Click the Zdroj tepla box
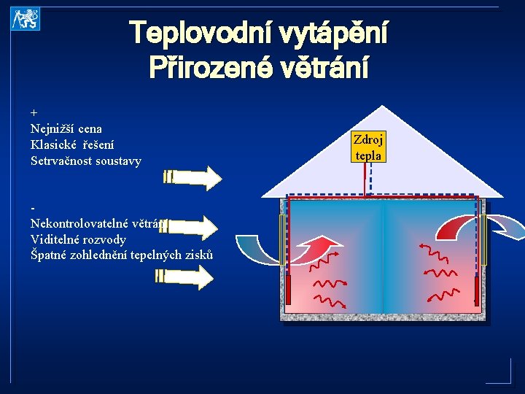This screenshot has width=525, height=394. [369, 147]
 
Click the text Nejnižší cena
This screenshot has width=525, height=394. [66, 129]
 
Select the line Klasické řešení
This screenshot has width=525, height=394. [72, 144]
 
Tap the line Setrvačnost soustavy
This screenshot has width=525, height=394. [86, 161]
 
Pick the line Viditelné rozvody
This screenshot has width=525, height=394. [78, 239]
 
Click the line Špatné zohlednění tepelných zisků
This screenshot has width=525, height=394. [122, 255]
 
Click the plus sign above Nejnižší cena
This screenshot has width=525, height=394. [34, 114]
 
